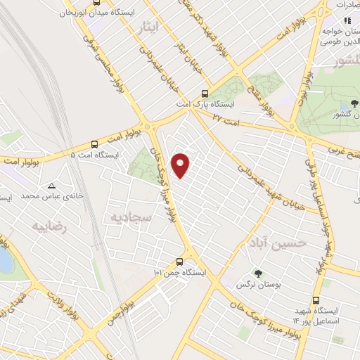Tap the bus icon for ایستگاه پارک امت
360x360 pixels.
point(205,93)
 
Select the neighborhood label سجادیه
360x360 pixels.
point(127,217)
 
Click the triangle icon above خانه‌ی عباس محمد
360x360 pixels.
point(51,186)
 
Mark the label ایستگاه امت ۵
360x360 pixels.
point(95,153)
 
